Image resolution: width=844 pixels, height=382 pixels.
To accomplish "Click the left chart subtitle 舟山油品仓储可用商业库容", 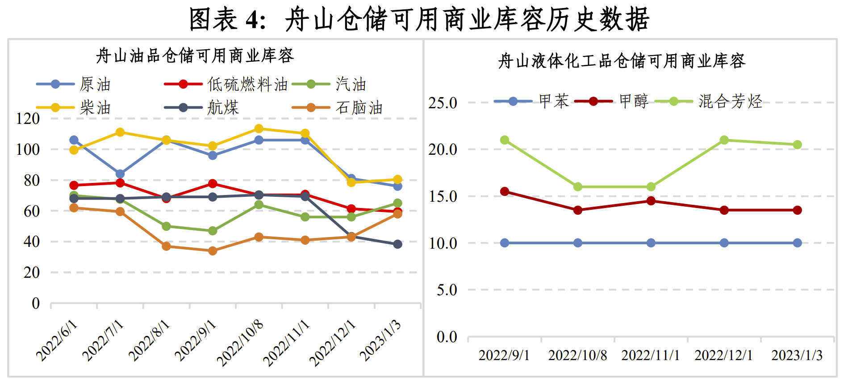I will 195,56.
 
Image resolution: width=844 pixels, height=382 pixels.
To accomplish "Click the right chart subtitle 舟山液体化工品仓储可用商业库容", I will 622,61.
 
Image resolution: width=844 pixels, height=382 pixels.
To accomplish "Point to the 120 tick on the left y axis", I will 28,119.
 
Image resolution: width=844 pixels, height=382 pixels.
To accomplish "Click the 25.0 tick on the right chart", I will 443,103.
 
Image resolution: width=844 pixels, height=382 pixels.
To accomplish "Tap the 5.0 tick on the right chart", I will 447,290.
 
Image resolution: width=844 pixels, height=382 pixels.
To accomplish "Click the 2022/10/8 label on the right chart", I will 577,355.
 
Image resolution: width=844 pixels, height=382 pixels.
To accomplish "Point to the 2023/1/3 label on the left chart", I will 381,341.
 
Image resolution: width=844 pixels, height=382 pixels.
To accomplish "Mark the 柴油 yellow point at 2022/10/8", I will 259,129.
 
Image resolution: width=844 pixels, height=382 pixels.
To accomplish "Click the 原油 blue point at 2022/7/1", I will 120,174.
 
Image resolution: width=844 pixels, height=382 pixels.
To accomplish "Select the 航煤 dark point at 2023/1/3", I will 397,244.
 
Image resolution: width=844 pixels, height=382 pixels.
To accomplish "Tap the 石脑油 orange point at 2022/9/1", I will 213,251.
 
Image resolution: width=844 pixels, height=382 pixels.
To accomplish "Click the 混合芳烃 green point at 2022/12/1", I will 724,140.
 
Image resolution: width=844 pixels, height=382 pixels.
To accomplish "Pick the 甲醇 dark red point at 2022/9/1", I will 505,191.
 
